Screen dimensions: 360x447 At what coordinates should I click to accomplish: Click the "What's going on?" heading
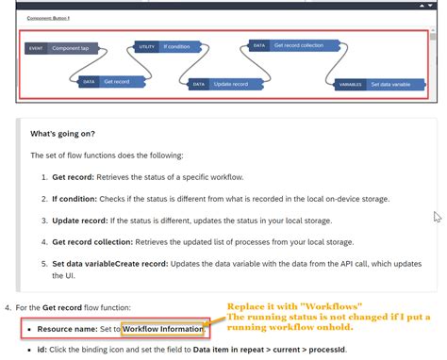click(62, 134)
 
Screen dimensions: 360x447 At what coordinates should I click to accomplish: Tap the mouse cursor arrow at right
click(437, 217)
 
